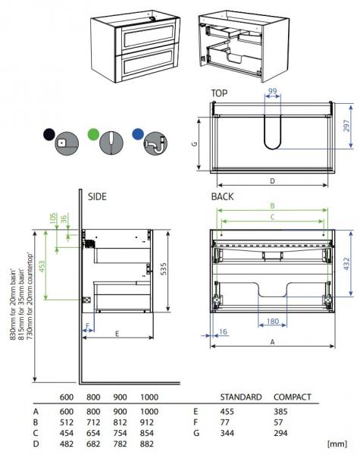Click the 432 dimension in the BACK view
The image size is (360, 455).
(346, 265)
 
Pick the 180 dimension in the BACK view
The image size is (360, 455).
(272, 322)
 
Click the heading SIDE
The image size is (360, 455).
(97, 196)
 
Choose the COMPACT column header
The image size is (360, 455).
(293, 397)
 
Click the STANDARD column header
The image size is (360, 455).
(241, 397)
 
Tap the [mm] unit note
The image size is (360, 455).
(336, 442)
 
